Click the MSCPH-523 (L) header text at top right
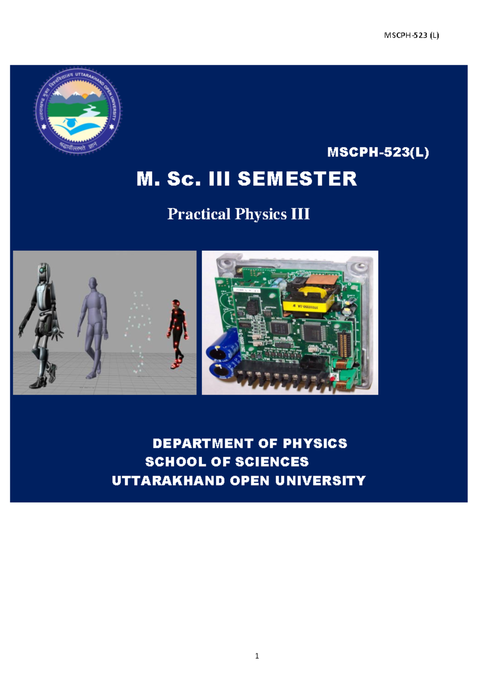tap(411, 35)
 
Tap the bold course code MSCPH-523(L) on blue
tap(378, 152)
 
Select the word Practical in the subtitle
tap(199, 214)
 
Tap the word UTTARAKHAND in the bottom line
tap(168, 481)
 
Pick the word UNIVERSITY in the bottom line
tap(320, 481)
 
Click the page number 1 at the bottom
tap(257, 656)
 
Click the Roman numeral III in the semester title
tap(219, 179)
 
